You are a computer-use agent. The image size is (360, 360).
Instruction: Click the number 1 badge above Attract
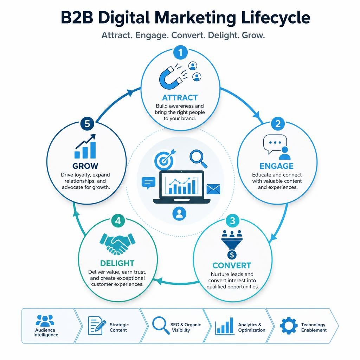(180, 53)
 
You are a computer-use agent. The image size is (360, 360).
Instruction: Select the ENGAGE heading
(276, 166)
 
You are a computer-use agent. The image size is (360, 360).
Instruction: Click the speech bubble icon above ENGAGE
(275, 144)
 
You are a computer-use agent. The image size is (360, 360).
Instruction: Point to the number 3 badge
(233, 221)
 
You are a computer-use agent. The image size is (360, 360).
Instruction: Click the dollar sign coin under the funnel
(232, 255)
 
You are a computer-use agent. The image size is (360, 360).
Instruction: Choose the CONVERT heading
(232, 265)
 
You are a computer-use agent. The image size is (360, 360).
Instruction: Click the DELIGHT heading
(117, 263)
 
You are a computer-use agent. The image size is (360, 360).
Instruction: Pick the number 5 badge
(88, 124)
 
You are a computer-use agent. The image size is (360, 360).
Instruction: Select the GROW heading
(85, 166)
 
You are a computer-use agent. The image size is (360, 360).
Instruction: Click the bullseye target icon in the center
(164, 159)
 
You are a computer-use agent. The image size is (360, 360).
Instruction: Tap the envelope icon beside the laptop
(213, 189)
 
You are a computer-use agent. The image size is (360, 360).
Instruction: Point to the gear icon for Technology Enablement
(289, 326)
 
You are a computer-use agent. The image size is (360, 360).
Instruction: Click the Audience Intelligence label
(46, 333)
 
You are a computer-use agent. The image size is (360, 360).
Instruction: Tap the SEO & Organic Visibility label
(186, 327)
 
